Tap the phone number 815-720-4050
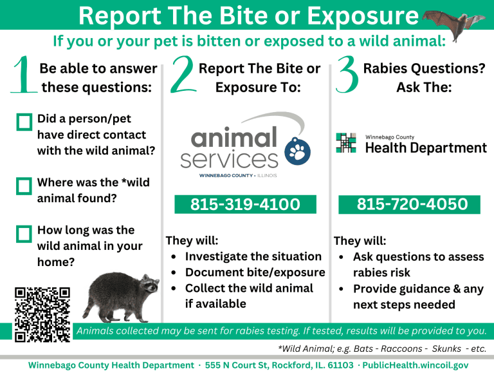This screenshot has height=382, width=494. click(x=412, y=205)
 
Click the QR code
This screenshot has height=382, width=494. click(x=42, y=314)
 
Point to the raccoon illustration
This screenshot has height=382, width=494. click(x=122, y=295)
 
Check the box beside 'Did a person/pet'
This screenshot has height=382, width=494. click(x=24, y=122)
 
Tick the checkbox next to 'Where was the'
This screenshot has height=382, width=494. click(x=24, y=186)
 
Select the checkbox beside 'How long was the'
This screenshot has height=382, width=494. click(x=24, y=233)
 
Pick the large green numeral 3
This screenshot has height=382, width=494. click(x=347, y=75)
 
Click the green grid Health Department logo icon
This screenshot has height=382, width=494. click(x=346, y=142)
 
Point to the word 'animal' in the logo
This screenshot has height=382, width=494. click(x=233, y=137)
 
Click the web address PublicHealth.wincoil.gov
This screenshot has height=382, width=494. click(x=416, y=365)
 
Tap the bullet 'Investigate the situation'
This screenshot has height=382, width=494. click(x=253, y=256)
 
